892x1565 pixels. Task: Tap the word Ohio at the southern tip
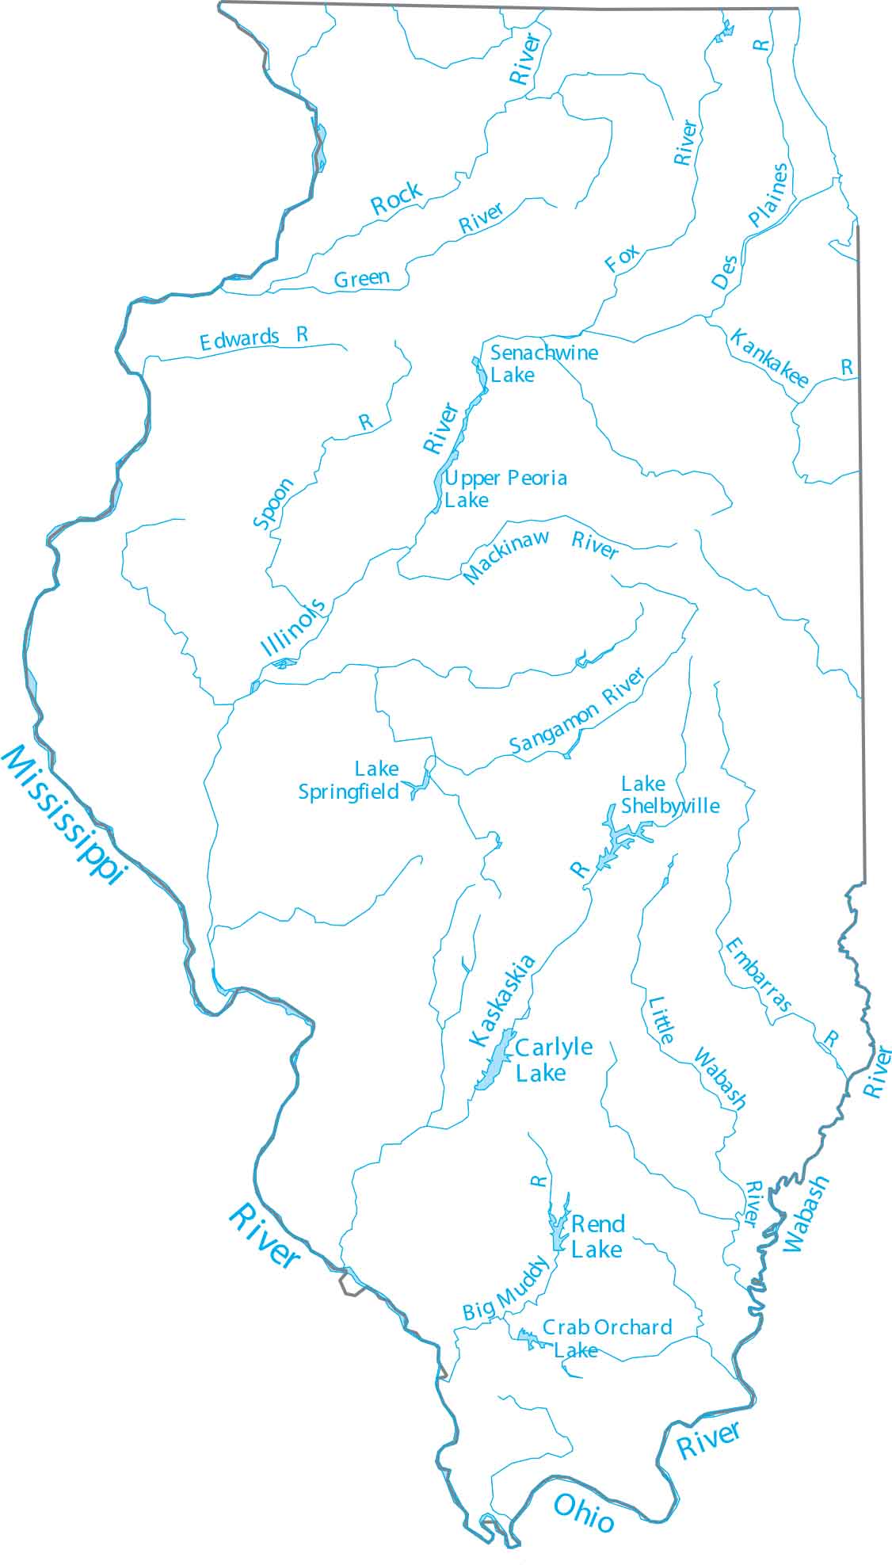pyautogui.click(x=584, y=1512)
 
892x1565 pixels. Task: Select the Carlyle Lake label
pyautogui.click(x=552, y=1059)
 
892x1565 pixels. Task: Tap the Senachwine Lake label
pyautogui.click(x=543, y=364)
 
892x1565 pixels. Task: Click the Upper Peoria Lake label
pyautogui.click(x=505, y=489)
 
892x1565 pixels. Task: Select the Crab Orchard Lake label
pyautogui.click(x=606, y=1338)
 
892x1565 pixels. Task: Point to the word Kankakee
pyautogui.click(x=768, y=358)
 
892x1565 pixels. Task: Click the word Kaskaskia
pyautogui.click(x=502, y=1001)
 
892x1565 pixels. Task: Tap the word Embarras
pyautogui.click(x=757, y=975)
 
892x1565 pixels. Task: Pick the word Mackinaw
pyautogui.click(x=506, y=557)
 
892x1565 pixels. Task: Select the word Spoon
pyautogui.click(x=273, y=503)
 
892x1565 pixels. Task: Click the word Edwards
pyautogui.click(x=239, y=340)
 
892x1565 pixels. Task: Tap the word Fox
pyautogui.click(x=622, y=258)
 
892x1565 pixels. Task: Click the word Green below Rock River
pyautogui.click(x=362, y=278)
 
